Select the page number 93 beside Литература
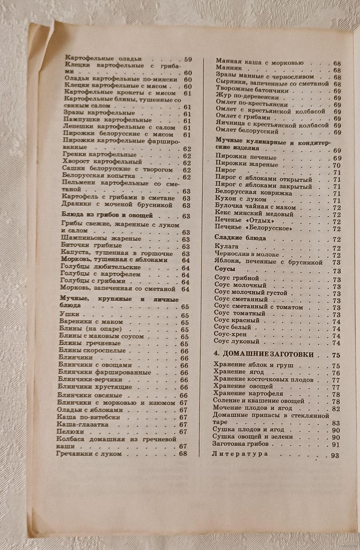(x=335, y=455)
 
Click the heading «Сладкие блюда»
(x=240, y=238)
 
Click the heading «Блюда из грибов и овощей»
(x=107, y=215)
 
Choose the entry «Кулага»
(x=226, y=247)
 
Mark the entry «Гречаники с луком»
(x=89, y=454)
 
